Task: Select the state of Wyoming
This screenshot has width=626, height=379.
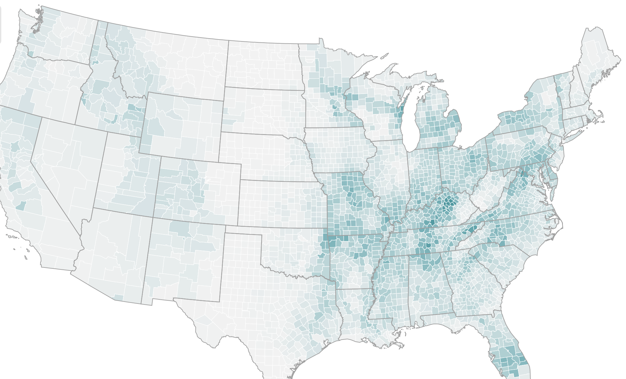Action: tap(182, 127)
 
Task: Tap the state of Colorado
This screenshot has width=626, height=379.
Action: tap(198, 191)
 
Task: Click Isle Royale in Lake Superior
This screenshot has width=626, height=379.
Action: tap(384, 56)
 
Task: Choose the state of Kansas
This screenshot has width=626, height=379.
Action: tap(280, 204)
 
